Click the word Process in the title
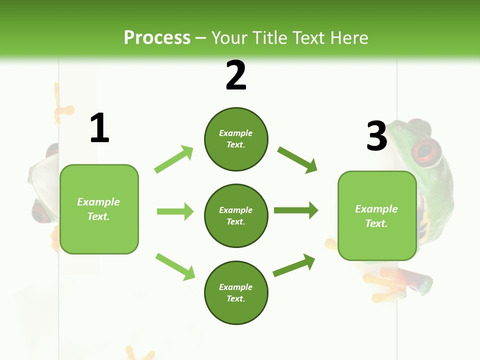pyautogui.click(x=157, y=38)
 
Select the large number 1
pyautogui.click(x=99, y=128)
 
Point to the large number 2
pyautogui.click(x=236, y=75)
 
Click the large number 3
pyautogui.click(x=376, y=136)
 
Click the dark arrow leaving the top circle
pyautogui.click(x=297, y=159)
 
